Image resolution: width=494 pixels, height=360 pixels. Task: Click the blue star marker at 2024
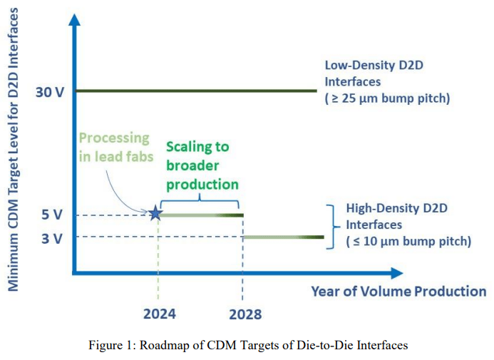click(155, 213)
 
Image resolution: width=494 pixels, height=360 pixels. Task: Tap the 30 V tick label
click(49, 92)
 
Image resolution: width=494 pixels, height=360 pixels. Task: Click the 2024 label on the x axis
click(158, 314)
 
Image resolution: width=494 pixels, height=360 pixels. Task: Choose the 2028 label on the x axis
click(244, 314)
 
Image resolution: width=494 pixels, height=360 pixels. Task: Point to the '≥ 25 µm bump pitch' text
click(387, 98)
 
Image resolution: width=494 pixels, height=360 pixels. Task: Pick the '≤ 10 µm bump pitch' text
click(408, 242)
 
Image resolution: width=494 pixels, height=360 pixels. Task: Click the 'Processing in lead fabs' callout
click(114, 147)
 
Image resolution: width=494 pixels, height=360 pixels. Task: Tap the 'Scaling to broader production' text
click(199, 165)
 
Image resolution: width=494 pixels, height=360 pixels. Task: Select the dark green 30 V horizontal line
click(196, 91)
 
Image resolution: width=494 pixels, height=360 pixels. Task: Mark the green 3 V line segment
click(284, 237)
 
